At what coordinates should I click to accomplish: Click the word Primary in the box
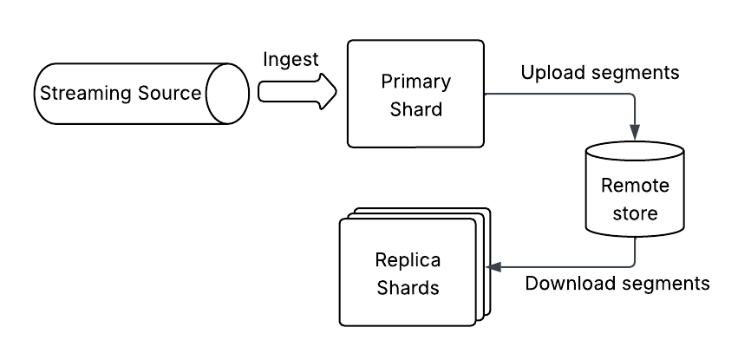click(415, 82)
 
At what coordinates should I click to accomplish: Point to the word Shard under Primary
click(415, 109)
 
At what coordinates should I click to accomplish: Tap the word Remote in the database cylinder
click(637, 186)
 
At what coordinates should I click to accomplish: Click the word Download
click(568, 284)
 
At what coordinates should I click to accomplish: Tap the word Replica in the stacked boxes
click(408, 259)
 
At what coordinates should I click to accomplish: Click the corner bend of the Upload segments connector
click(637, 93)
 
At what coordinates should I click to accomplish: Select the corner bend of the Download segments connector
click(637, 266)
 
